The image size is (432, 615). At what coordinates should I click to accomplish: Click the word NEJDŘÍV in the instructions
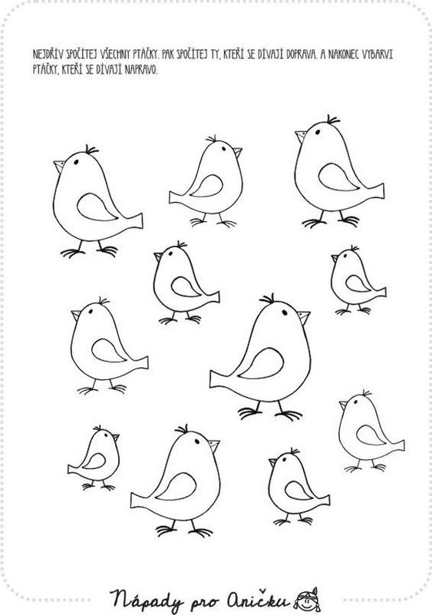click(x=46, y=54)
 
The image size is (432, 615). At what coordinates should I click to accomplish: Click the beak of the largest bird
click(x=304, y=316)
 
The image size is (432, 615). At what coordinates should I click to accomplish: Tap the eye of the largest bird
click(x=285, y=312)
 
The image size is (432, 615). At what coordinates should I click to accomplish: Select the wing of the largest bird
click(x=261, y=364)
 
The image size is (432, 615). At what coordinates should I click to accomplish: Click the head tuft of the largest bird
click(x=268, y=299)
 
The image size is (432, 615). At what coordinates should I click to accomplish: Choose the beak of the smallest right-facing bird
click(x=115, y=438)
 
